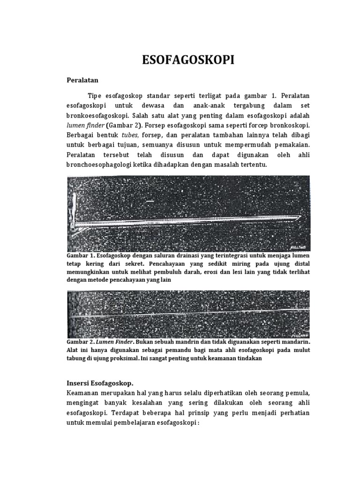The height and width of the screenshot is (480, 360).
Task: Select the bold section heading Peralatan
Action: click(x=84, y=80)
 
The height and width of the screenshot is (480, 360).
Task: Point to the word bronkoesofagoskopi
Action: click(x=98, y=115)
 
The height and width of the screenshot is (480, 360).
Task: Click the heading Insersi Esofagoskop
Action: click(x=102, y=383)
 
